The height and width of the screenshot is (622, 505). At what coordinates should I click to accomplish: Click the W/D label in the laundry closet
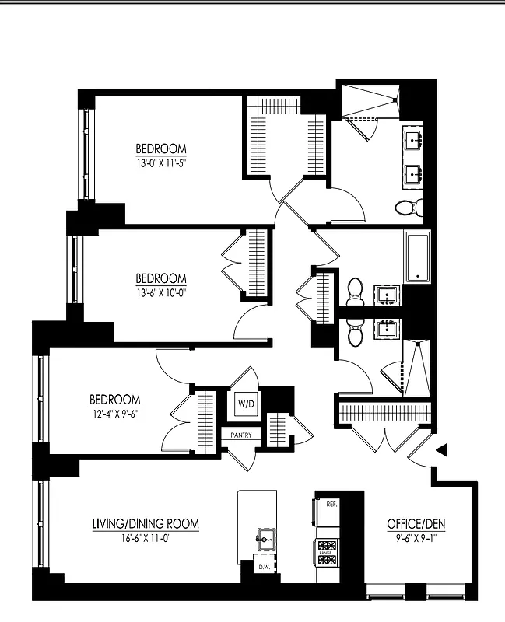246,404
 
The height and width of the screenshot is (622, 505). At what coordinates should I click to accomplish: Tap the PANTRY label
240,435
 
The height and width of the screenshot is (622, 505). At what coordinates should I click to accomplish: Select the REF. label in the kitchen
331,505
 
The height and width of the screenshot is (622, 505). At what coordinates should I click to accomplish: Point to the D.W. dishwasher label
265,568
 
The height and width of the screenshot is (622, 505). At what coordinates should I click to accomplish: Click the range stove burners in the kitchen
328,552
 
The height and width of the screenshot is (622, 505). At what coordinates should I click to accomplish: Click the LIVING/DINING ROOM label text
146,524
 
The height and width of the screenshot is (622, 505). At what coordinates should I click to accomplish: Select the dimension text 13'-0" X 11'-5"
161,163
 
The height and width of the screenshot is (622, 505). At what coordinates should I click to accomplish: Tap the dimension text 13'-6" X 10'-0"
161,293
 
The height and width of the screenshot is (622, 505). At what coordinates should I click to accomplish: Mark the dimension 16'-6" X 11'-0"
146,537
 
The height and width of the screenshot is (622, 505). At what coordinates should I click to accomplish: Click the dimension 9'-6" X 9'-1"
416,537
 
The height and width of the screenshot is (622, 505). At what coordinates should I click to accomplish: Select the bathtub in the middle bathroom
418,257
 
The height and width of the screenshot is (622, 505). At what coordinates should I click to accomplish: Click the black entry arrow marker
441,449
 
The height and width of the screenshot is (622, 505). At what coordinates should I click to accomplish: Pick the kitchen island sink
265,536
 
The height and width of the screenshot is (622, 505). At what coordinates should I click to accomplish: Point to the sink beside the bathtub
387,294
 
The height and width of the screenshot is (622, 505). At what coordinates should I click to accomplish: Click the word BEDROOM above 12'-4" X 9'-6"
114,400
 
